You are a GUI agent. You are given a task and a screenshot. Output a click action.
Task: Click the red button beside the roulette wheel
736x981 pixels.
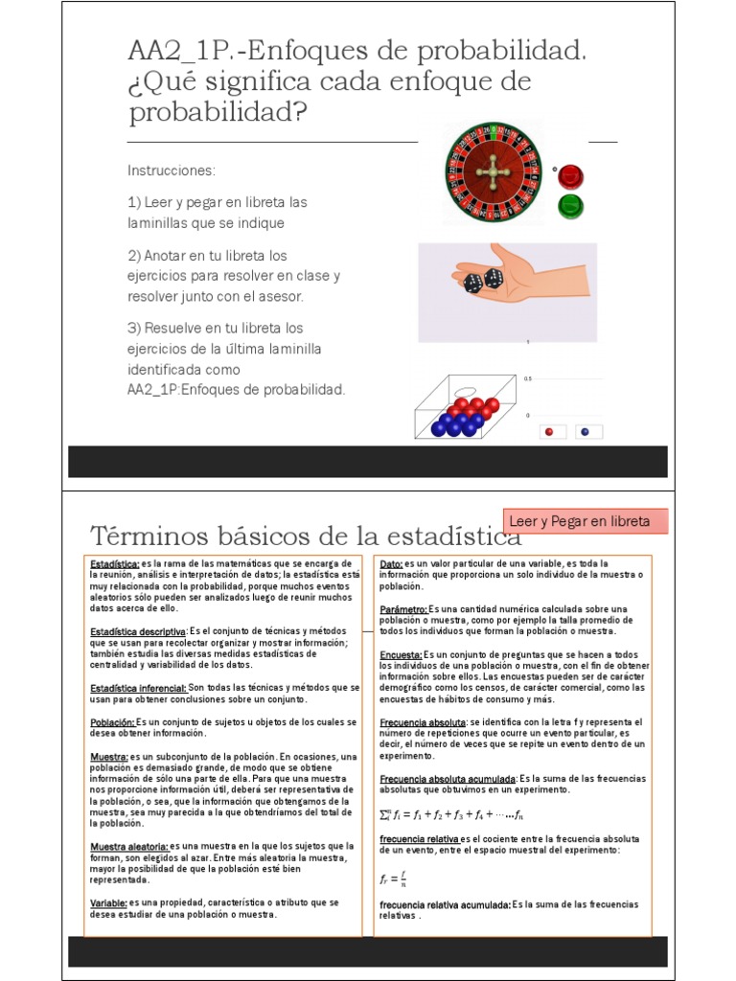571,176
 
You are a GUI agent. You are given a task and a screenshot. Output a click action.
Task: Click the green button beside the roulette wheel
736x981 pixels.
571,204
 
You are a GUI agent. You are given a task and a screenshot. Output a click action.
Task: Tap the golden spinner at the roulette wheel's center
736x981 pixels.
493,172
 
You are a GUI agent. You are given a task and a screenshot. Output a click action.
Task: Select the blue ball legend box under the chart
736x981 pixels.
585,432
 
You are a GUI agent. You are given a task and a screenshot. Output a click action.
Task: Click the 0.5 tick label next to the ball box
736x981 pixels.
527,378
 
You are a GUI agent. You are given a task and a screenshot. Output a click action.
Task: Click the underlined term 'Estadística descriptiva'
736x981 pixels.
138,632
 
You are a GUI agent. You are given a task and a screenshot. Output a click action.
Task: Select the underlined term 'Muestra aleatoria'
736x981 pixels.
129,846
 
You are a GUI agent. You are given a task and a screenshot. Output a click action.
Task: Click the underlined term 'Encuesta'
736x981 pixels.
401,653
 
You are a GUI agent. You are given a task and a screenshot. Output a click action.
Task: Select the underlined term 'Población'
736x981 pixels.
112,721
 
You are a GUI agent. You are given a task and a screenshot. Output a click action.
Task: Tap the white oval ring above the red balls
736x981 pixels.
466,390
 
